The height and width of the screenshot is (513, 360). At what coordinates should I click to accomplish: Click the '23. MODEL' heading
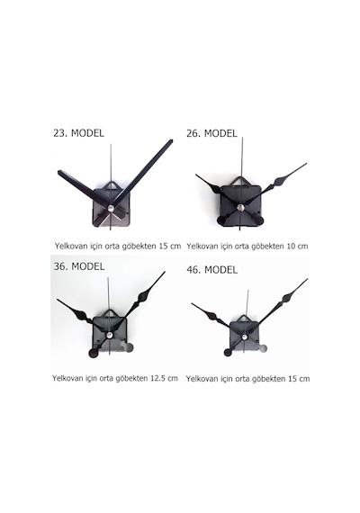coord(78,133)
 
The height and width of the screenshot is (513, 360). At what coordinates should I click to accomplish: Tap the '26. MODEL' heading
coord(211,133)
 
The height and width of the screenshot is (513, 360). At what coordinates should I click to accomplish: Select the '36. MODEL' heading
coord(79,266)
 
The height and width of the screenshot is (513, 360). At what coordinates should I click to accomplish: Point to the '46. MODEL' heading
coord(212,270)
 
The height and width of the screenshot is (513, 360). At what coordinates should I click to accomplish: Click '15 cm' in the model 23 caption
coord(170,246)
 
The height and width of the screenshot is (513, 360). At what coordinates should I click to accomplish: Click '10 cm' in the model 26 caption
coord(297,246)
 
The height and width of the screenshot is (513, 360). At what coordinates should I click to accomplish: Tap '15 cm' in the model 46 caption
coord(299,379)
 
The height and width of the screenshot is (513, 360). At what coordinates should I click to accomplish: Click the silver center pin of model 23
coord(111,207)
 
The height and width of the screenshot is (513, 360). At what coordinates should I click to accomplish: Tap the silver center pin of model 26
coord(241,207)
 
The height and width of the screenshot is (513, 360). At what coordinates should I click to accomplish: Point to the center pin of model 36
coord(110,335)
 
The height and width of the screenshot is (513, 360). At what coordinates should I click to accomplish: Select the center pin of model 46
coord(244,337)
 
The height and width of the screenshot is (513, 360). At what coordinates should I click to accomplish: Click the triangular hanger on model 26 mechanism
coord(241,182)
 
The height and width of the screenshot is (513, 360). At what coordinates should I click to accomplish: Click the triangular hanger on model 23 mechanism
coord(112,186)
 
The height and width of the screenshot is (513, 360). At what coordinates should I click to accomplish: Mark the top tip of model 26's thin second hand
coord(242,138)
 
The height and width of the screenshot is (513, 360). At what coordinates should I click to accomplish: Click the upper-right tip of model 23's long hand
coord(171,141)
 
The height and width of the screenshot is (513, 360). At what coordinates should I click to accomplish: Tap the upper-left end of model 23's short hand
coord(59,172)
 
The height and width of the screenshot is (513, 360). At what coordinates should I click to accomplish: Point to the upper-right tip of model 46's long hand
coord(307,279)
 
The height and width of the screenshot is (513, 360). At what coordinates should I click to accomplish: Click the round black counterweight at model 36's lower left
coord(94,353)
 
